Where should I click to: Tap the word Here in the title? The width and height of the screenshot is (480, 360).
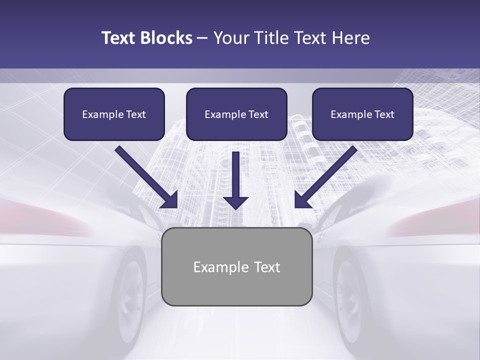pos(350,38)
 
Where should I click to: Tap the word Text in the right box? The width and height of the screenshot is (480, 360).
pos(383,114)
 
